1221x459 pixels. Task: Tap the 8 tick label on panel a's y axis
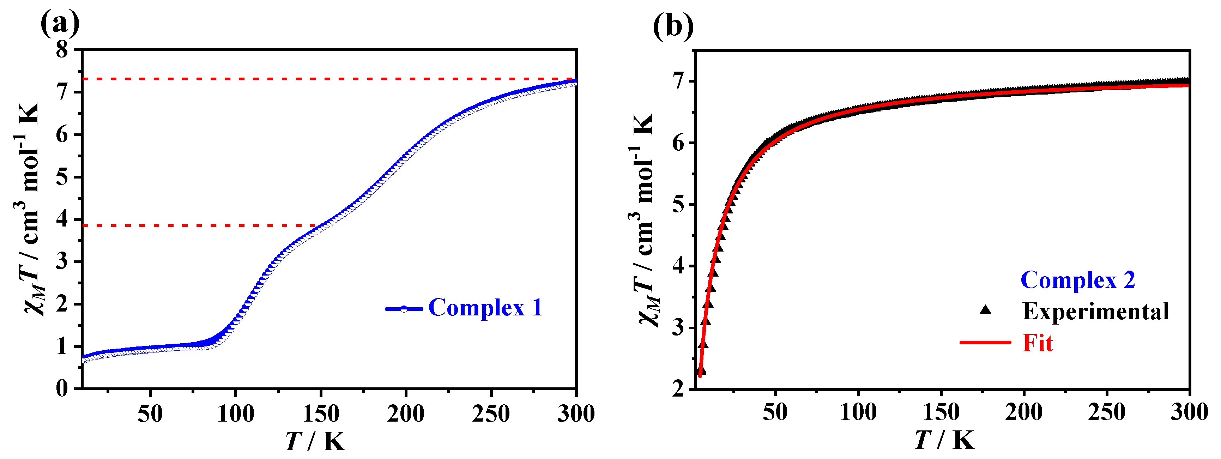62,49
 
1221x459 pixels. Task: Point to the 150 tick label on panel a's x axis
321,413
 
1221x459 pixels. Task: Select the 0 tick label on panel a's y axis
62,389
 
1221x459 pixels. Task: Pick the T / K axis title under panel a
315,441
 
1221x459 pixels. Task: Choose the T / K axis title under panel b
944,440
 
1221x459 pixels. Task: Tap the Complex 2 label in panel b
1078,280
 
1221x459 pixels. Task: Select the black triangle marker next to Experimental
985,310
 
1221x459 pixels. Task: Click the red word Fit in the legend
1038,343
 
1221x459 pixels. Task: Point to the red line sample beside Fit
985,342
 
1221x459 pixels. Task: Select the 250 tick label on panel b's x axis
1106,412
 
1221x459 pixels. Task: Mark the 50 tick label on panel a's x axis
150,413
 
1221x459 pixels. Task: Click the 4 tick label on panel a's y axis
62,219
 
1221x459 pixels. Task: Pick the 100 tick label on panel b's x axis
858,412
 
